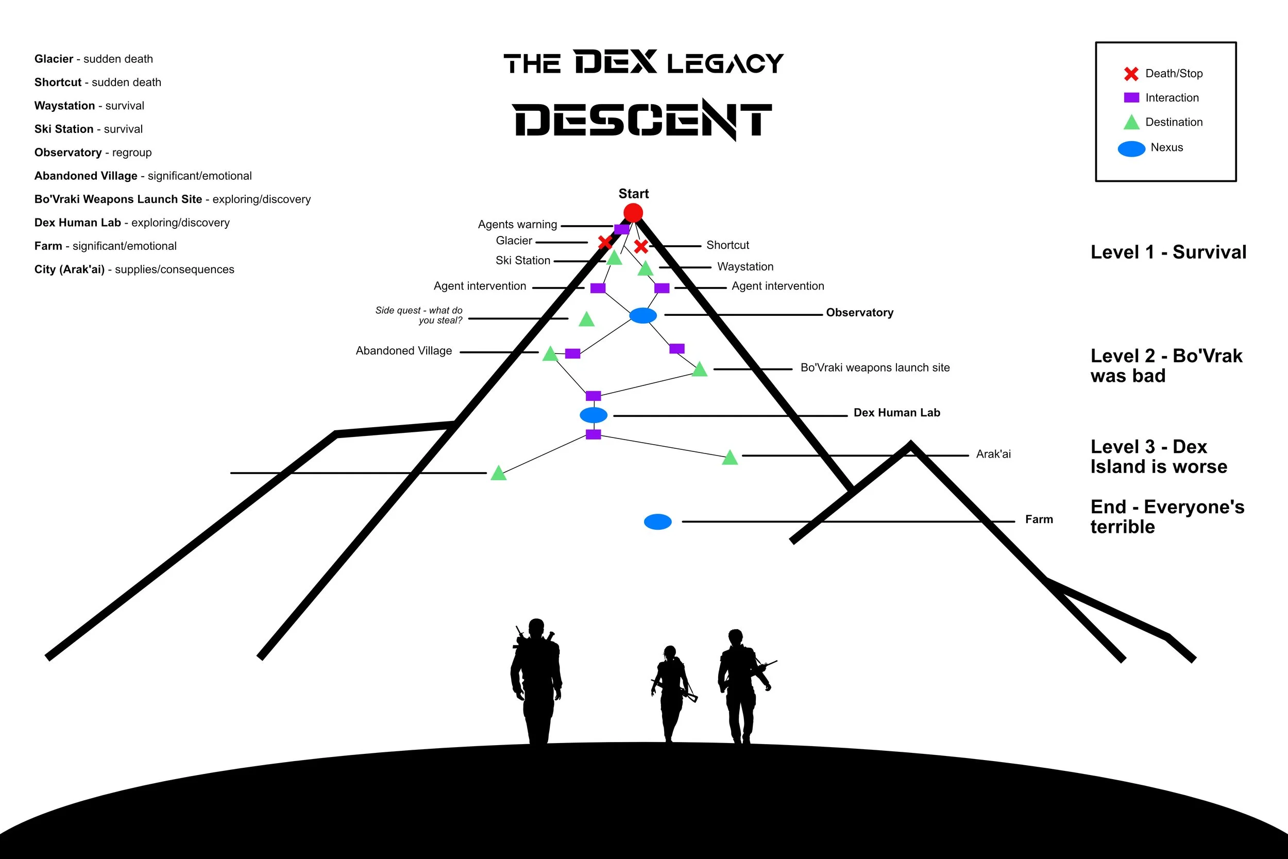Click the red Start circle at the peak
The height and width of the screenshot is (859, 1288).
click(633, 212)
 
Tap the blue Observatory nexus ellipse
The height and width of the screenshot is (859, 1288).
click(643, 315)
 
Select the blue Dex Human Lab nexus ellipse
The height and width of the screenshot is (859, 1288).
click(594, 415)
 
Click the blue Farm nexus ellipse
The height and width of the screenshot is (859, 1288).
click(658, 521)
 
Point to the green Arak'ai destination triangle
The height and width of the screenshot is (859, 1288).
click(730, 458)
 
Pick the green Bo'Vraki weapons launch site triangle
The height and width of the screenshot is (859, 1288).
click(699, 370)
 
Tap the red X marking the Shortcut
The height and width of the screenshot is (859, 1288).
click(641, 246)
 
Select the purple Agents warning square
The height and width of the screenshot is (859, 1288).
click(621, 229)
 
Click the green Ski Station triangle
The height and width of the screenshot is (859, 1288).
click(615, 258)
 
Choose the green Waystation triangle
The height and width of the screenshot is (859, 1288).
click(646, 269)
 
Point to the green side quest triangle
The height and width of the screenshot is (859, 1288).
click(586, 320)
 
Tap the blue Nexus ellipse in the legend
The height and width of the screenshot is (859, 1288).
click(1131, 148)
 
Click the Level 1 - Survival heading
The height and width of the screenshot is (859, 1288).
click(1168, 252)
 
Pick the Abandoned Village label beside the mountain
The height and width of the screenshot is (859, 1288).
click(403, 350)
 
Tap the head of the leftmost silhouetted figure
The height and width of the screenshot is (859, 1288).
click(536, 626)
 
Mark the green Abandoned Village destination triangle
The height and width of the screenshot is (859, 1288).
click(550, 355)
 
